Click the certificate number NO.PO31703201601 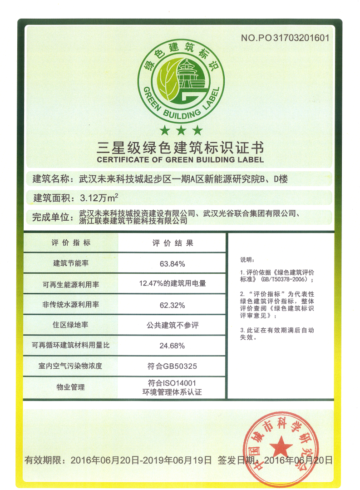coord(285,38)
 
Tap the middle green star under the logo coord(181,131)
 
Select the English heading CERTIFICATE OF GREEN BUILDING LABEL coord(180,160)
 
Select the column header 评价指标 coord(71,243)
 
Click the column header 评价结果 coord(173,243)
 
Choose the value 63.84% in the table coord(173,263)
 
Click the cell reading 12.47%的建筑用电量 coord(173,284)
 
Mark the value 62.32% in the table coord(173,305)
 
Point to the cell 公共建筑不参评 coord(173,325)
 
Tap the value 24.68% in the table coord(173,346)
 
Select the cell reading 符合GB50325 coord(173,366)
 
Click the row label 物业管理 coord(71,387)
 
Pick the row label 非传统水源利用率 coord(71,305)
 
